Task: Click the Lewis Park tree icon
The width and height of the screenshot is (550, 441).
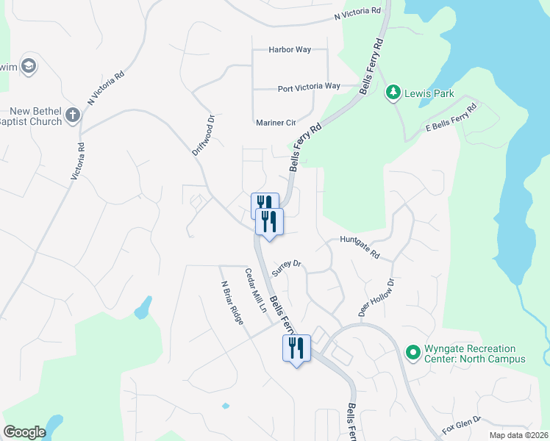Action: click(x=393, y=93)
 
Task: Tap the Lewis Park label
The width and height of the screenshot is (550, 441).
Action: click(x=428, y=93)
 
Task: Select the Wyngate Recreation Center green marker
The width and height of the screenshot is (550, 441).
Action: click(x=413, y=354)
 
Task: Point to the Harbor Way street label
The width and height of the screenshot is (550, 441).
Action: click(x=290, y=50)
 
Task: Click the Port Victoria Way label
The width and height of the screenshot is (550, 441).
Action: click(x=309, y=87)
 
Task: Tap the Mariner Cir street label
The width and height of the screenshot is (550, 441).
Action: click(x=276, y=123)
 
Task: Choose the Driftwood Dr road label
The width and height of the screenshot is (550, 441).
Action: click(x=203, y=133)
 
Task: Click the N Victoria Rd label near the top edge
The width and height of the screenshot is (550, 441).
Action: click(x=358, y=13)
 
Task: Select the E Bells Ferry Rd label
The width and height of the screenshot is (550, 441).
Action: click(x=451, y=118)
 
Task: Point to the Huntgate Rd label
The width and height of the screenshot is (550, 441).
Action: click(x=360, y=247)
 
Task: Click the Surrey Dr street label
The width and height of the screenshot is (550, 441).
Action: click(x=287, y=268)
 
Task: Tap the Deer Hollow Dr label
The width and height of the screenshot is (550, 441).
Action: click(x=376, y=298)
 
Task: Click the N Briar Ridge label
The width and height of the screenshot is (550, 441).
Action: click(x=231, y=304)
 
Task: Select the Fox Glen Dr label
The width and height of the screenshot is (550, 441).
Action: click(x=461, y=423)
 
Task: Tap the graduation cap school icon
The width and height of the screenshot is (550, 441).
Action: click(x=29, y=66)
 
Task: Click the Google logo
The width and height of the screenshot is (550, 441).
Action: click(x=24, y=432)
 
